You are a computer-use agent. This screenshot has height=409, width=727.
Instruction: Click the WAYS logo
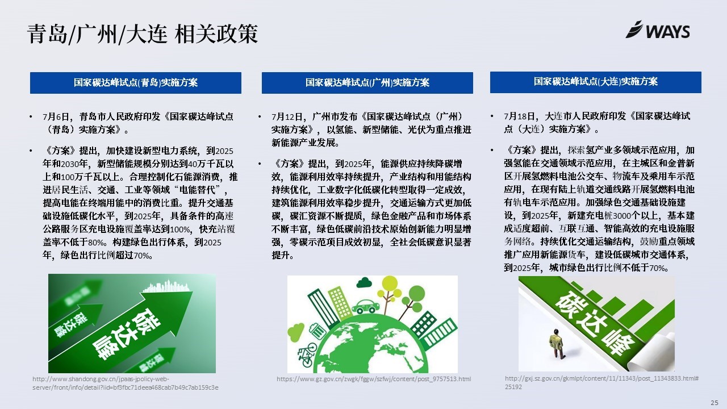coord(658,30)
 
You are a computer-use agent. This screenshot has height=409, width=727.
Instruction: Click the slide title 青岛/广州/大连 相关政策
coord(143,34)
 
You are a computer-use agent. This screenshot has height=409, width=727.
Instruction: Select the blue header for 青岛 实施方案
coord(136,83)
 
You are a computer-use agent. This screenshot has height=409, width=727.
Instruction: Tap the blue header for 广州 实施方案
coord(367,83)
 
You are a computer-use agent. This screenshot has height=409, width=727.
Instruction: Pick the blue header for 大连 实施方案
coord(596,82)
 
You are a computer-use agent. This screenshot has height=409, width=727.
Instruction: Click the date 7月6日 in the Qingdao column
coord(56,116)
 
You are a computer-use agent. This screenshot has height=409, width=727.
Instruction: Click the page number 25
coord(715,403)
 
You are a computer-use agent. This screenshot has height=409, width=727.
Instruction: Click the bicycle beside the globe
coord(307,354)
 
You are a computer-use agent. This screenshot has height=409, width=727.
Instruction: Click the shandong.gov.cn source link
coord(126,383)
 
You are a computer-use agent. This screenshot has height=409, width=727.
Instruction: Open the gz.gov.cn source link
coord(374,379)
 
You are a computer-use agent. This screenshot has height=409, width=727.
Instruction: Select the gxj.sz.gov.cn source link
coord(601,382)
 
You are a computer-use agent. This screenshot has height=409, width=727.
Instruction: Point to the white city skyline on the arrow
coord(166,286)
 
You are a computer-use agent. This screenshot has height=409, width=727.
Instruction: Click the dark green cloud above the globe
coord(364,282)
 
